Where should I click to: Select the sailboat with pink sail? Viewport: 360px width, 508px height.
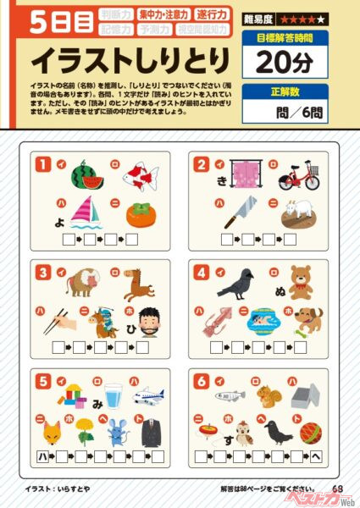(86, 213)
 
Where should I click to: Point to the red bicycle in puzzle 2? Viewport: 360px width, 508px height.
(301, 176)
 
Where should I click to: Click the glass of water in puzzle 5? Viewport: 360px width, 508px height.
(114, 395)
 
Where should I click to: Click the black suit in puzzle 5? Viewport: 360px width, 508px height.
(151, 432)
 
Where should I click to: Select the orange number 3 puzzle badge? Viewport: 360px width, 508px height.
(42, 272)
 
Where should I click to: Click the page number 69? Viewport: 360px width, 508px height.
(337, 488)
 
